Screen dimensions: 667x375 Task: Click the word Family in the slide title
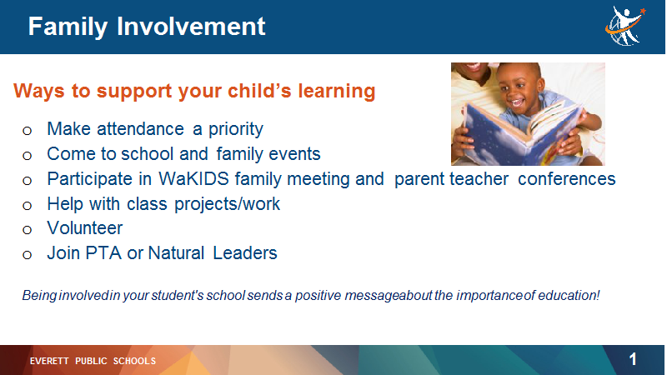68,27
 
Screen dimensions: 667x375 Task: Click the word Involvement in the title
191,26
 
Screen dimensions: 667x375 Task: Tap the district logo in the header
624,26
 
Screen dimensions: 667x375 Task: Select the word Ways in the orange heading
38,92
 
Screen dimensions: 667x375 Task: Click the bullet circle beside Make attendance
28,131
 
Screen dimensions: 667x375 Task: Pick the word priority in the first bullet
236,129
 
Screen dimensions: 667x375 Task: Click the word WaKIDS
194,179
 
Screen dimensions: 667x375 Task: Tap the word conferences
567,179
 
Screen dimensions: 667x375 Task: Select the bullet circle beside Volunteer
28,230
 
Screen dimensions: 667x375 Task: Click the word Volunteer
85,228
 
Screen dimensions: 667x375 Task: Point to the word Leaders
244,253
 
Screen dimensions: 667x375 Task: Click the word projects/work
227,204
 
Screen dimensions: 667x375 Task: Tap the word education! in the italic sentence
569,295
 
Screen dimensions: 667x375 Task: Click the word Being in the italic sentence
39,296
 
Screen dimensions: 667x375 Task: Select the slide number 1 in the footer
633,360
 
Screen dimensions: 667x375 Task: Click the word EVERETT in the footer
49,361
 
